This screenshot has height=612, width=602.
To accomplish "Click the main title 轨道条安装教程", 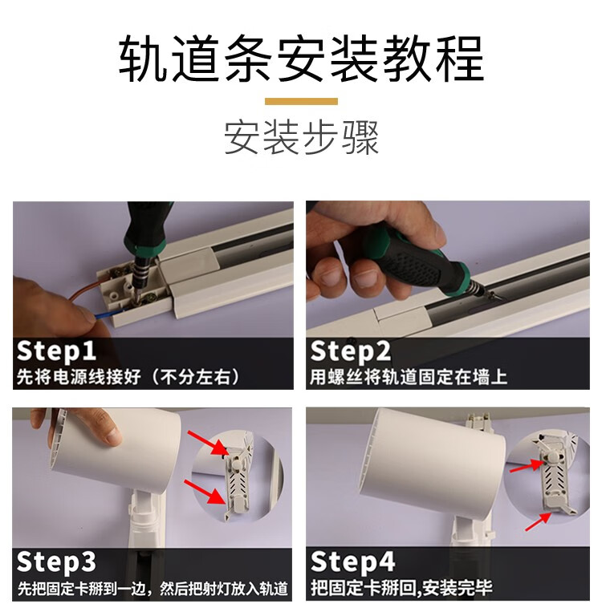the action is coord(301,59).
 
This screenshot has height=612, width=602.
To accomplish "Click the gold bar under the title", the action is coord(301,102).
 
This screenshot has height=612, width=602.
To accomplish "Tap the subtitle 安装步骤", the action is coord(301,138).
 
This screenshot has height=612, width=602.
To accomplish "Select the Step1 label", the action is coord(56,351).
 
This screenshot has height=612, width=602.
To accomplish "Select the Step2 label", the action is coord(351,351).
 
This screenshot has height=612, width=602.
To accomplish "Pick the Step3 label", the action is coord(56,561).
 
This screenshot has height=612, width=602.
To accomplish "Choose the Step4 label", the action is coord(352,561).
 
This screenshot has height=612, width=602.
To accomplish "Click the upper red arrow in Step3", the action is coord(207,443).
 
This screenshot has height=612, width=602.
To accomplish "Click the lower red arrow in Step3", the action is coord(205,492).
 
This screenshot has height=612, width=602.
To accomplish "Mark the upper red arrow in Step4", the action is coord(527,466).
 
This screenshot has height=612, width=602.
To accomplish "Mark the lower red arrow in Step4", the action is coord(538,522).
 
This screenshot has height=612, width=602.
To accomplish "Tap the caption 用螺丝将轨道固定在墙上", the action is coord(409,377).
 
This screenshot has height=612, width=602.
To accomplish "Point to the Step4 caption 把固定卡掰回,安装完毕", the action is coord(401,588).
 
